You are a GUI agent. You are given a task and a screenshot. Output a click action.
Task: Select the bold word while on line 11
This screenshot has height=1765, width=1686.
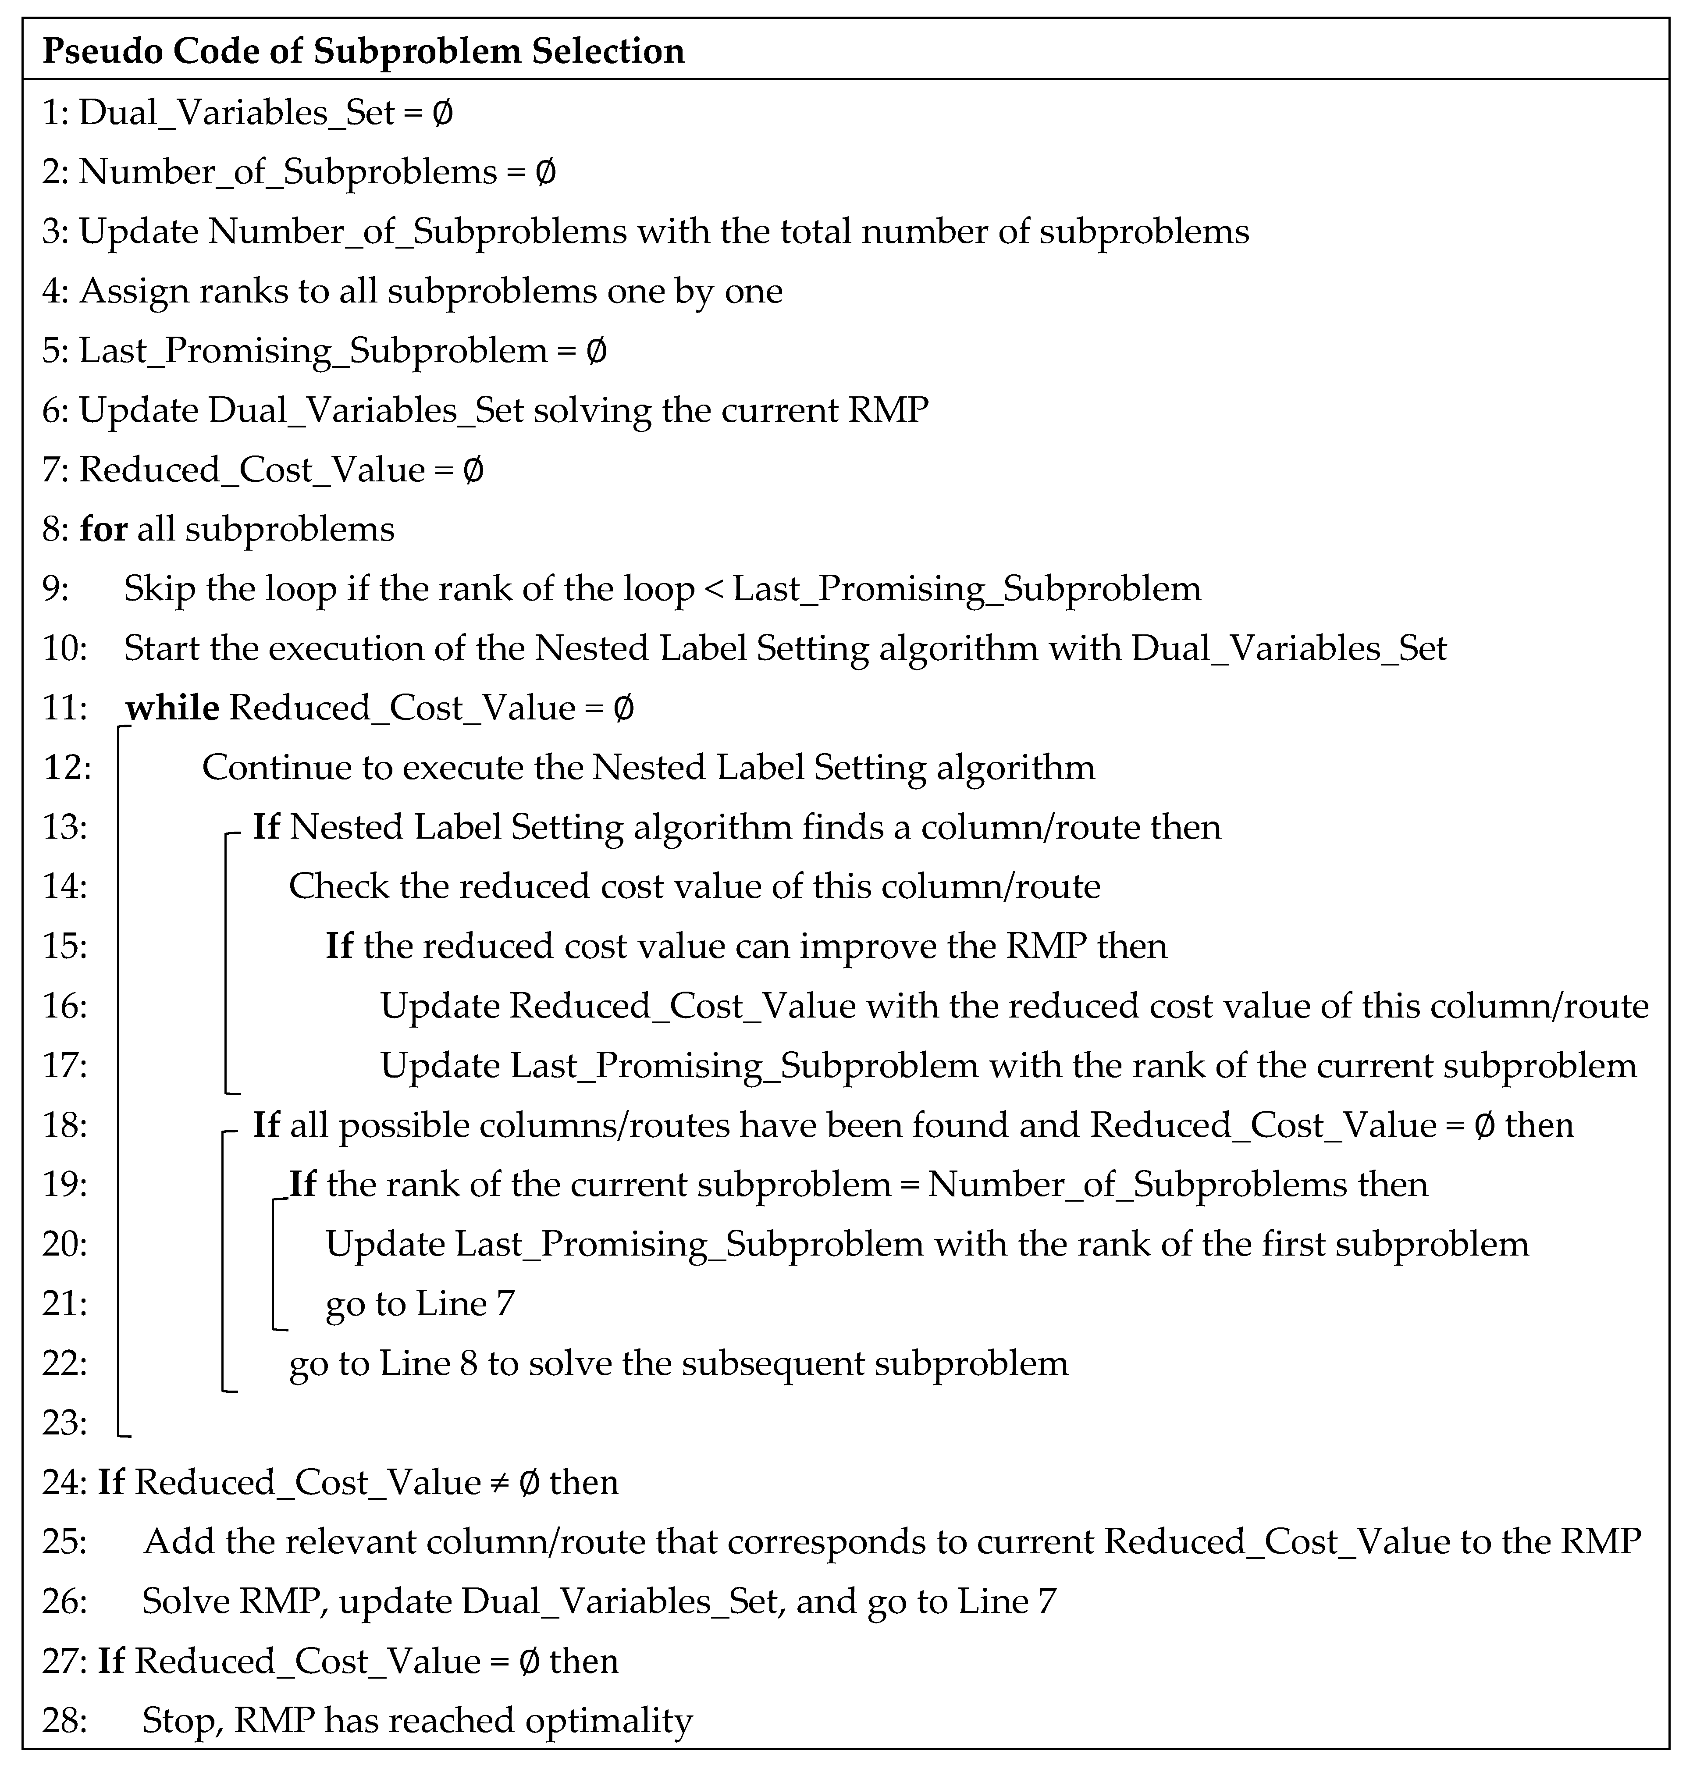click(x=173, y=708)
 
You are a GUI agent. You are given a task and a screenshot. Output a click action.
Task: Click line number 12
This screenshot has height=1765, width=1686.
click(x=66, y=768)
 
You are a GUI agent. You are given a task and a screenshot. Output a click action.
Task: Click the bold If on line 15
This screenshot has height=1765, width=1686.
click(x=339, y=947)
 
